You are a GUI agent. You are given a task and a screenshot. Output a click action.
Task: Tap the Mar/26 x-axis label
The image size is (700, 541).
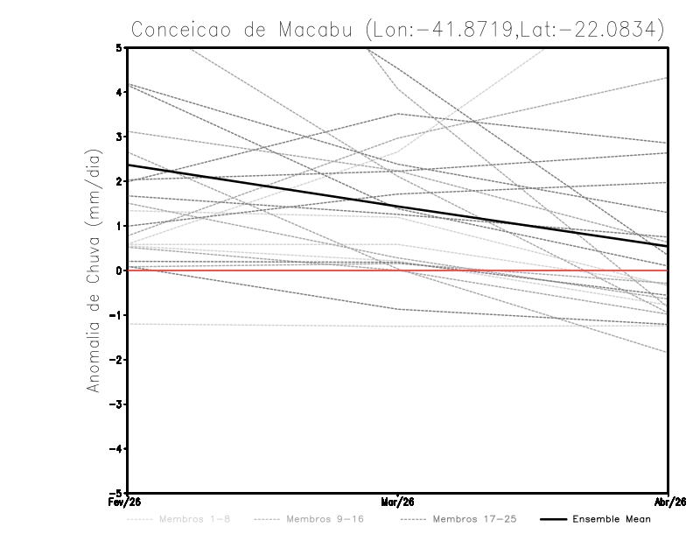pos(398,502)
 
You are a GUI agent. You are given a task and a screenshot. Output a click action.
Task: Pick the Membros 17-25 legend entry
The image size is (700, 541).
pos(458,519)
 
